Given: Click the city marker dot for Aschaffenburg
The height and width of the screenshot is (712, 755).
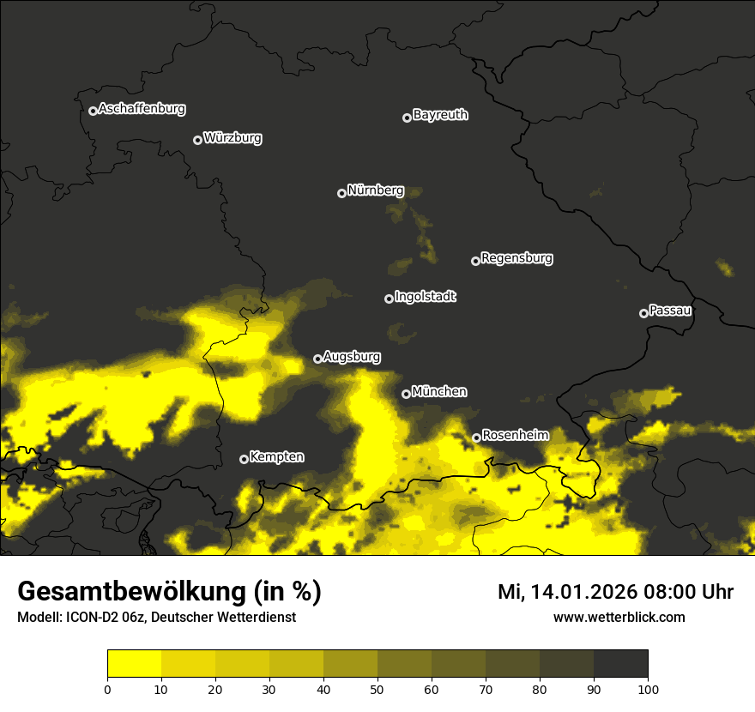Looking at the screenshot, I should (93, 111).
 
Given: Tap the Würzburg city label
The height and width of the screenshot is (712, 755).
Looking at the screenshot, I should (233, 138).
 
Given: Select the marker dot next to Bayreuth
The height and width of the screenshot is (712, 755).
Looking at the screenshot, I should (407, 118).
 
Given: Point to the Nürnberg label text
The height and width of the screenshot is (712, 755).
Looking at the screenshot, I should (375, 190).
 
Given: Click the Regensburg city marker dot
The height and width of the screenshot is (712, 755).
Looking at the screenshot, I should (475, 261).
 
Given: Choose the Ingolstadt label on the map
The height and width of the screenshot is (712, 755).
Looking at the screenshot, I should (426, 297).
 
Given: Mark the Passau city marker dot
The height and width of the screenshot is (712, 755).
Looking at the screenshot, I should (643, 313).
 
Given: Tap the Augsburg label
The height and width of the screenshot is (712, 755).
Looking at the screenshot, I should (352, 357).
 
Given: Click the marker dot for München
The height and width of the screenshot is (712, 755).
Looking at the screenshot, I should (406, 394).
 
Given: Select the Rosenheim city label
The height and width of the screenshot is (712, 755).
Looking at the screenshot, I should (515, 436).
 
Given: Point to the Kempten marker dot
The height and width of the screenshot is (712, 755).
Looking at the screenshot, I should (244, 459).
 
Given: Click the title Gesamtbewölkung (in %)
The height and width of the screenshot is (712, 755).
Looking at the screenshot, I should (169, 592).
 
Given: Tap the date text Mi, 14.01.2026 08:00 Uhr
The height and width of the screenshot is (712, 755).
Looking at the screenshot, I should (615, 592).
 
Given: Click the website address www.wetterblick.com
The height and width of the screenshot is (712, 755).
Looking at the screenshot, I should (619, 617).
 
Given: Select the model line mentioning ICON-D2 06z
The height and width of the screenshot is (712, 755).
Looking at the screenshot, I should (156, 618).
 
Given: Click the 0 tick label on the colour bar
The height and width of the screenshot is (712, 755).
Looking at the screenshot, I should (107, 689).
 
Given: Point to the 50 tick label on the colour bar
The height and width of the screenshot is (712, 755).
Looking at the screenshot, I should (377, 689).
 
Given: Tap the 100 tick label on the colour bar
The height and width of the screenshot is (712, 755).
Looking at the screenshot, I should (648, 689).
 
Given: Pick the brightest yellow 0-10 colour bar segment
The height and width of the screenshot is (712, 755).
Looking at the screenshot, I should (135, 663).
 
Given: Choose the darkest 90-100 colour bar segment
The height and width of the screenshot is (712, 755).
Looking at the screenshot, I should (620, 663).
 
